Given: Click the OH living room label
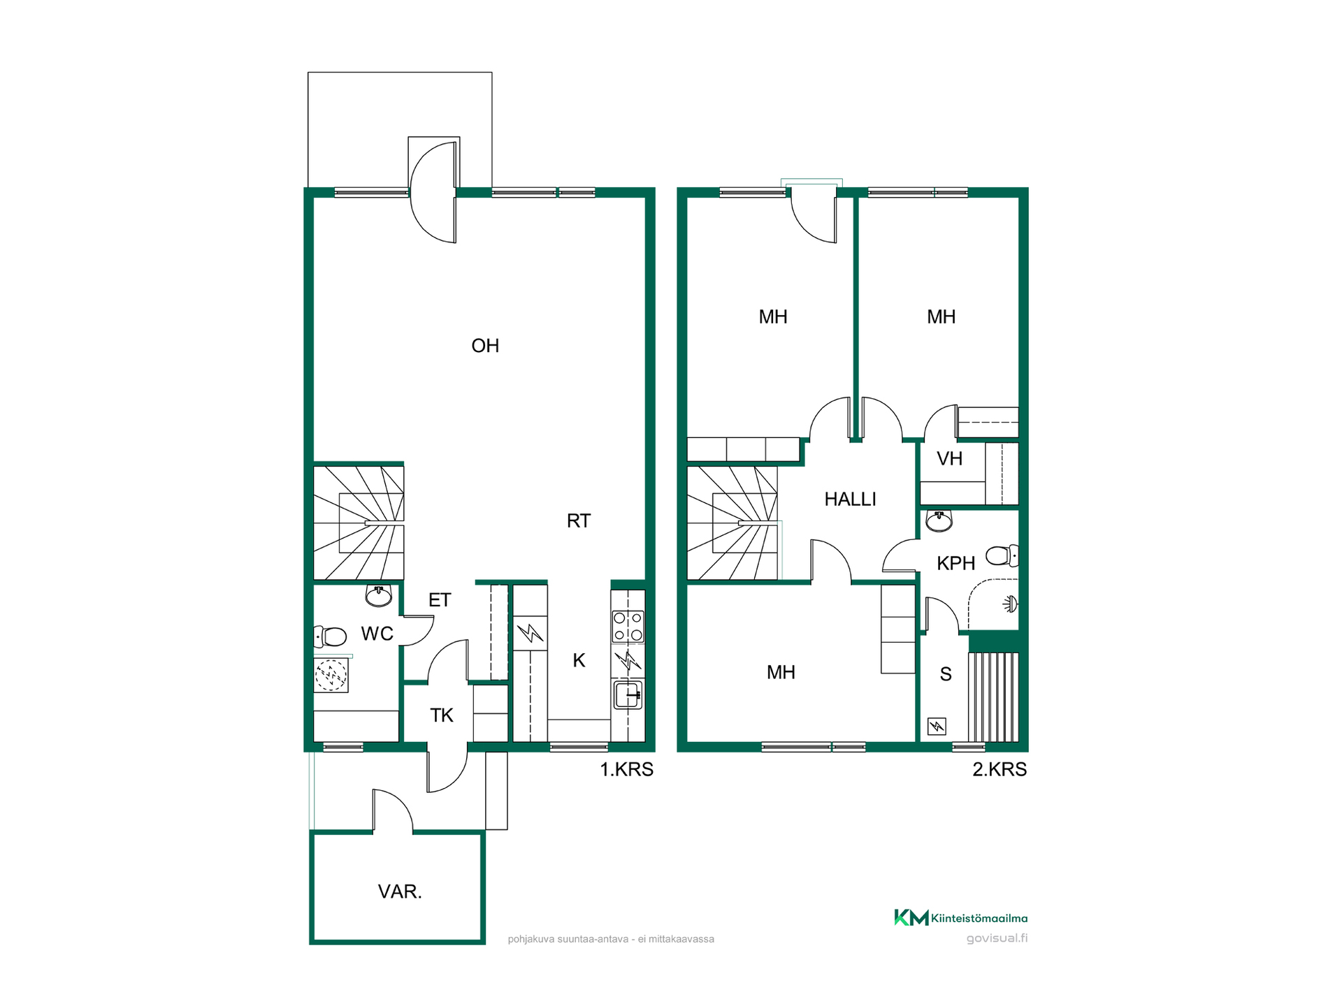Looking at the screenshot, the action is pos(485,346).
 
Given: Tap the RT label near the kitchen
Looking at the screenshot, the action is pos(579,520).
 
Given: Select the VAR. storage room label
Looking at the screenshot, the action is pos(400,891).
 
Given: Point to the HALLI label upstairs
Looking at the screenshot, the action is pos(850,499).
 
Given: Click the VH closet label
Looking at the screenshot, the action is pos(949,459).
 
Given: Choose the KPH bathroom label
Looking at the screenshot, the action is pos(955,563).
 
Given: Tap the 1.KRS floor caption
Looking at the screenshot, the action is pos(626,769).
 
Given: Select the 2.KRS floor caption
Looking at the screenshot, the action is pos(1000,769).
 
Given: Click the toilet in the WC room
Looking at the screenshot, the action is pos(330,636).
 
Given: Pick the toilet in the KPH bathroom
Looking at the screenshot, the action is pos(1002,555).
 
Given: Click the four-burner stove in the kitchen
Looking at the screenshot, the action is pos(628,627).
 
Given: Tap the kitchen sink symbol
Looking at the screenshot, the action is pos(628,695).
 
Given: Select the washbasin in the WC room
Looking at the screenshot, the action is pos(379,596).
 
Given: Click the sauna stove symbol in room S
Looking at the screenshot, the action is pos(937,727).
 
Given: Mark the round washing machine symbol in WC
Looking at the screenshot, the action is pos(331,675).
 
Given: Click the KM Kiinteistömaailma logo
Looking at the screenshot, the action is pos(961,917).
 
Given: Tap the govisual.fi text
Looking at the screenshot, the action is pos(997,938).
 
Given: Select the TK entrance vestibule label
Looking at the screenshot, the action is pos(442,715).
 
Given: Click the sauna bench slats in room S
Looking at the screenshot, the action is pos(993,697).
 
